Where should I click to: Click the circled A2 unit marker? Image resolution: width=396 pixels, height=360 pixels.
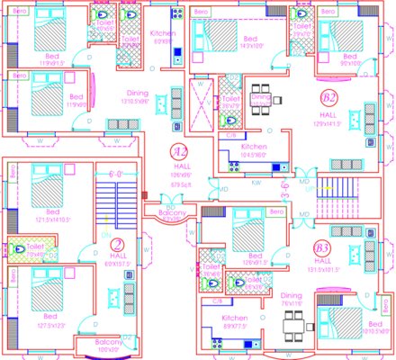pos(179,151)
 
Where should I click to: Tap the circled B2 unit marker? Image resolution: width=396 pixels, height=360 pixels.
pos(328,98)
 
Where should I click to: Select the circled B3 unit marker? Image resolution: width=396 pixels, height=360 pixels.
pos(321,247)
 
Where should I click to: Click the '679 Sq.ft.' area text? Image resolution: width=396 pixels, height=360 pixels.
pos(180,185)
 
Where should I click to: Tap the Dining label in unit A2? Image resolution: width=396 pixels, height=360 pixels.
pos(137,92)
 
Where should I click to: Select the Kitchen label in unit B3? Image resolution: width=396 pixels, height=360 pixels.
pos(234,319)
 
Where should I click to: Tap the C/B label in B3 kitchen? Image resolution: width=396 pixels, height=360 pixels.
pos(216,301)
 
